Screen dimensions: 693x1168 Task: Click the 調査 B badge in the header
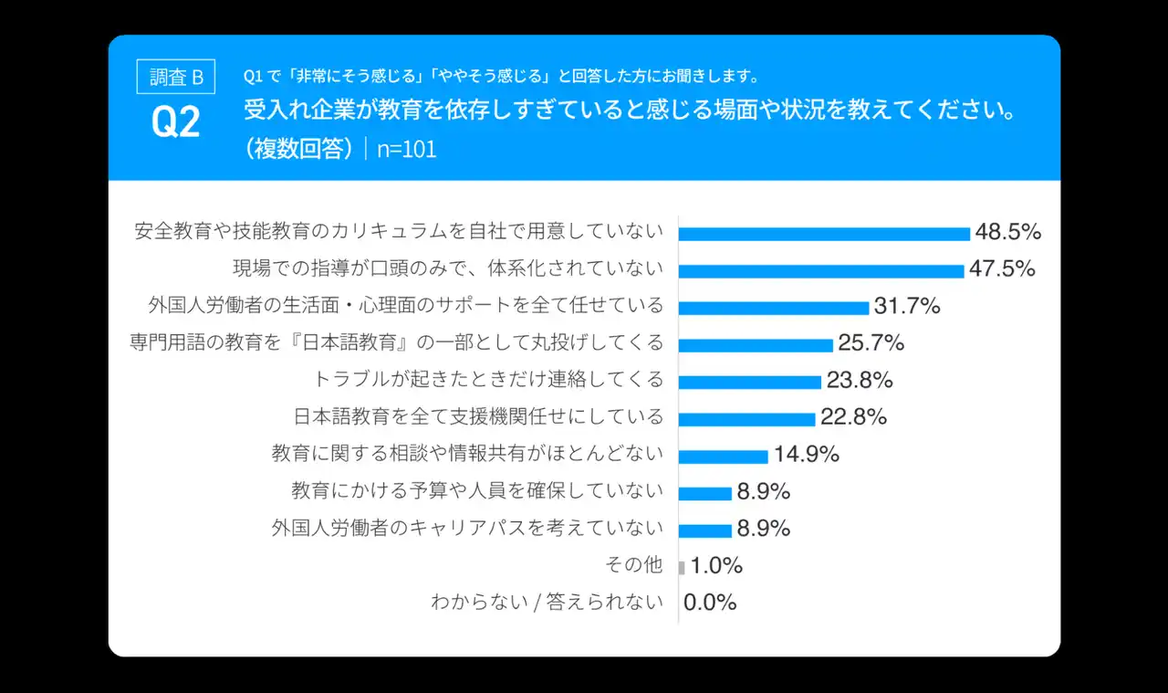pos(176,77)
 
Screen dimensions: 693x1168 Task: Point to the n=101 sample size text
pos(407,149)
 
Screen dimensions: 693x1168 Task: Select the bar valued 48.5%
pos(824,234)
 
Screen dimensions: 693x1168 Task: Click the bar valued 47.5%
pos(821,271)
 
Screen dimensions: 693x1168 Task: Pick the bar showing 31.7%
pos(774,308)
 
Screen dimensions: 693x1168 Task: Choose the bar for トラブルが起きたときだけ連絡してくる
pos(750,382)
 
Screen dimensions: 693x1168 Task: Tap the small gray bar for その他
pos(682,567)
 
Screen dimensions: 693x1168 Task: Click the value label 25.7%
pos(871,343)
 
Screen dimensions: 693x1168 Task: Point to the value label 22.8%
pos(854,417)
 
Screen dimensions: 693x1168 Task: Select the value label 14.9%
pos(807,454)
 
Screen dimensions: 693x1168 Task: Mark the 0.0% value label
pos(710,603)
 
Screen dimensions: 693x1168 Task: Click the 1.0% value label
pos(716,566)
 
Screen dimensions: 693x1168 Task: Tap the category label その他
pos(634,565)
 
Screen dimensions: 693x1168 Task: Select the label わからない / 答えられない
pos(547,603)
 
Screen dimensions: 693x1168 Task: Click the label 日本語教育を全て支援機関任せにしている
pos(479,417)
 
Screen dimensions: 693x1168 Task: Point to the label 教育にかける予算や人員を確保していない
pos(477,491)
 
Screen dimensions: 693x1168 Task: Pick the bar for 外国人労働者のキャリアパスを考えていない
pos(705,530)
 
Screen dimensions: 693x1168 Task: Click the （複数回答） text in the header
pos(299,149)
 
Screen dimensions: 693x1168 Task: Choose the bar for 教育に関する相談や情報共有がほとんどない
pos(724,457)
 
